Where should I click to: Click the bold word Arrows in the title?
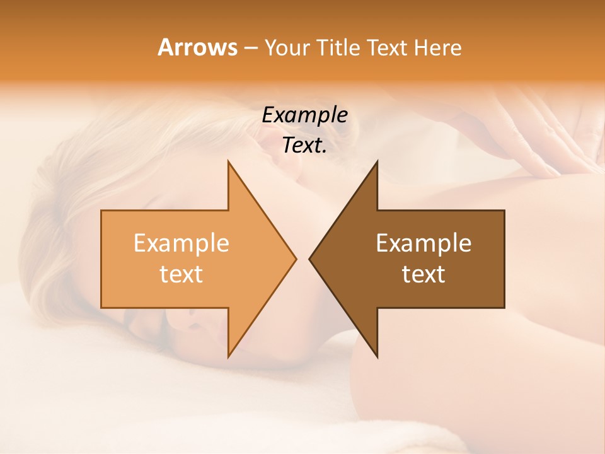(x=197, y=47)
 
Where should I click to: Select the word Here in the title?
(x=437, y=48)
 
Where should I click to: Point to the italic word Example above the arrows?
(x=304, y=115)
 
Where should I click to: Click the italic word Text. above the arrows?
(x=304, y=145)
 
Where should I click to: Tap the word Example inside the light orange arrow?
(x=181, y=243)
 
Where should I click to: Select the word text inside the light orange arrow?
(x=181, y=274)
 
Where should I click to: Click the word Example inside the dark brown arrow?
(x=423, y=243)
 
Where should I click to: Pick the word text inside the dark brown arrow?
(x=423, y=274)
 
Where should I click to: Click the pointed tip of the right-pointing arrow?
(x=296, y=259)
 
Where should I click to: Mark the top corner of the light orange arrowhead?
(x=228, y=161)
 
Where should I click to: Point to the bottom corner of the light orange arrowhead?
(x=228, y=357)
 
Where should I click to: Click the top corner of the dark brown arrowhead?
(x=377, y=161)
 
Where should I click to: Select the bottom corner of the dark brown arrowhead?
(x=377, y=357)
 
